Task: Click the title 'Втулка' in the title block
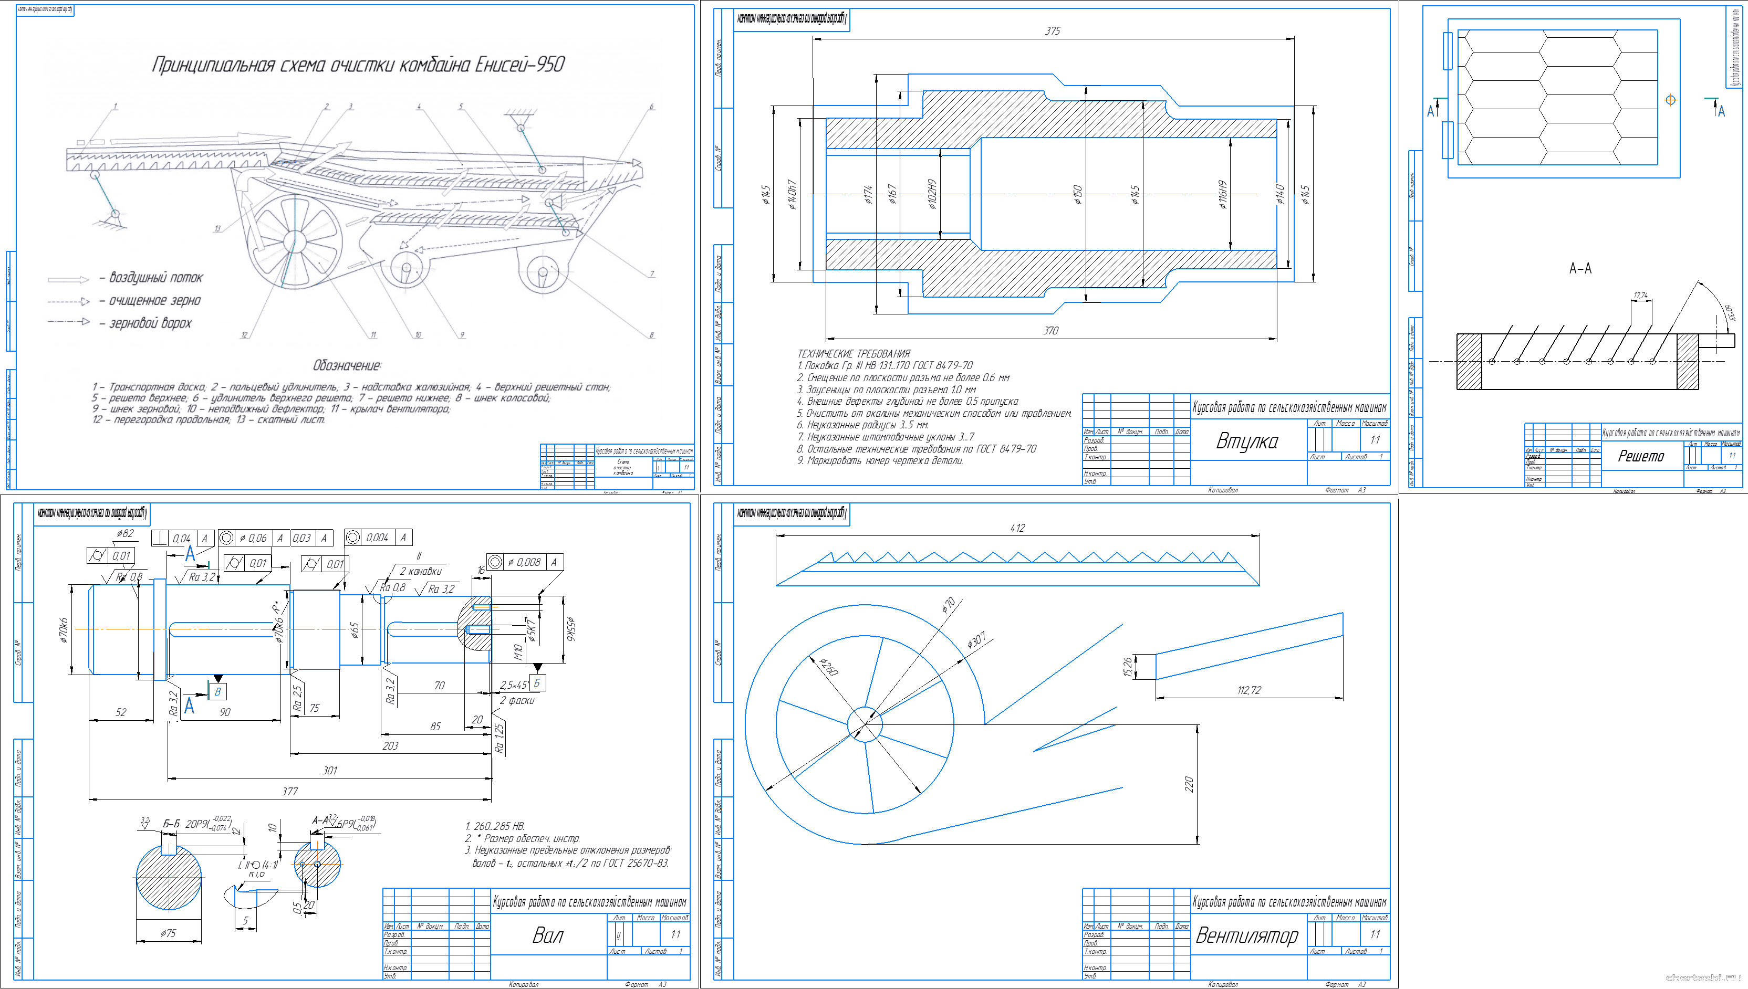pyautogui.click(x=1246, y=441)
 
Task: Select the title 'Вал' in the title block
pyautogui.click(x=548, y=935)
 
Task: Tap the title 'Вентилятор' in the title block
pyautogui.click(x=1246, y=936)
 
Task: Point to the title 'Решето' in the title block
pyautogui.click(x=1641, y=456)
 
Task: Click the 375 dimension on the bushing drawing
pyautogui.click(x=1052, y=30)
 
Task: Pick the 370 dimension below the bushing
pyautogui.click(x=1050, y=331)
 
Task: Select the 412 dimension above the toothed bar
pyautogui.click(x=1017, y=528)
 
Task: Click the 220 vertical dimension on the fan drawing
pyautogui.click(x=1189, y=785)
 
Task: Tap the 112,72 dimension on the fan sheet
pyautogui.click(x=1248, y=690)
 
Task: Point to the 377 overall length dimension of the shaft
pyautogui.click(x=289, y=791)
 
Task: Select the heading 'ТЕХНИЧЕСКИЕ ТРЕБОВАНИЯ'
pyautogui.click(x=853, y=353)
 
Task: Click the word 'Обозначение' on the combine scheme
pyautogui.click(x=347, y=365)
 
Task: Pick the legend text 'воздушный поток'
pyautogui.click(x=155, y=277)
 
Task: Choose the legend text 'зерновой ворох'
pyautogui.click(x=150, y=323)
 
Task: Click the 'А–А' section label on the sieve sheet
pyautogui.click(x=1580, y=268)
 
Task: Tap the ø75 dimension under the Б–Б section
pyautogui.click(x=168, y=933)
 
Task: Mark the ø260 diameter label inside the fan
pyautogui.click(x=829, y=667)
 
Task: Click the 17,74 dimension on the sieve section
pyautogui.click(x=1640, y=296)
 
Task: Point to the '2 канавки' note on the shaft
pyautogui.click(x=420, y=571)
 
